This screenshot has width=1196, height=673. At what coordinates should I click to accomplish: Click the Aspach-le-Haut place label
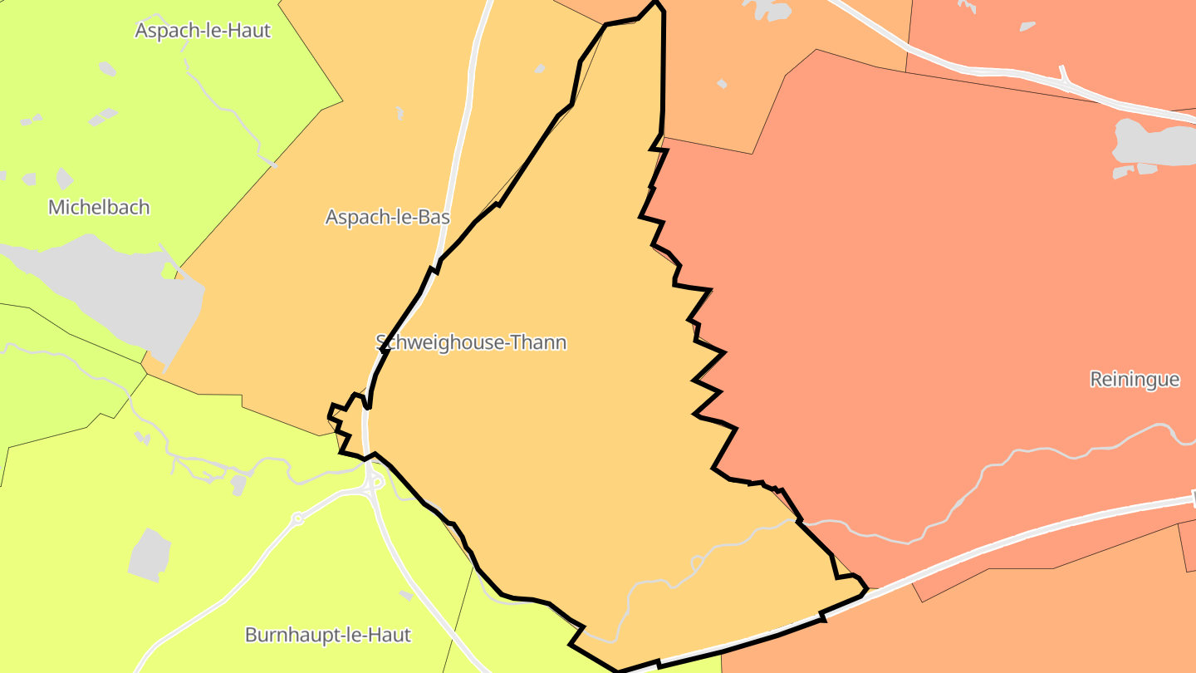(203, 31)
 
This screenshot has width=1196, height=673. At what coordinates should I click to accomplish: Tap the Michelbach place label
(99, 207)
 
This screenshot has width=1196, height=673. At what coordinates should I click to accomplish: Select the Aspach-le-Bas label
(387, 218)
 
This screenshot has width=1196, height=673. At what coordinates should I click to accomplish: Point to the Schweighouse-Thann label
(471, 342)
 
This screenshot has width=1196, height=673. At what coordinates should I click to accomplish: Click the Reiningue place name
(1135, 380)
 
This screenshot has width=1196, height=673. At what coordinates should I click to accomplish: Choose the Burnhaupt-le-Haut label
(327, 636)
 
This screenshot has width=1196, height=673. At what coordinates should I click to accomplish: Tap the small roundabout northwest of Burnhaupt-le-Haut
(297, 519)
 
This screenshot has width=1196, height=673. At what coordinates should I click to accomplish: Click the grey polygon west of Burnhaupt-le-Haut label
(149, 555)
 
